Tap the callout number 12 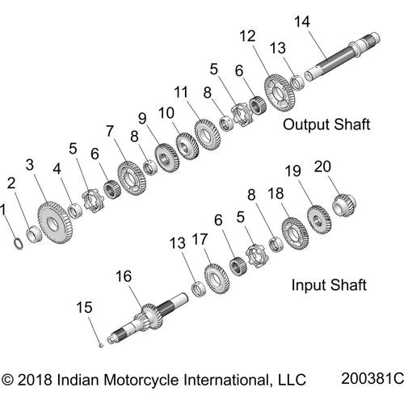(247, 36)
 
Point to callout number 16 (123, 276)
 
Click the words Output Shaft (326, 124)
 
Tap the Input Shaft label (329, 284)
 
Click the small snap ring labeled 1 (17, 240)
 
